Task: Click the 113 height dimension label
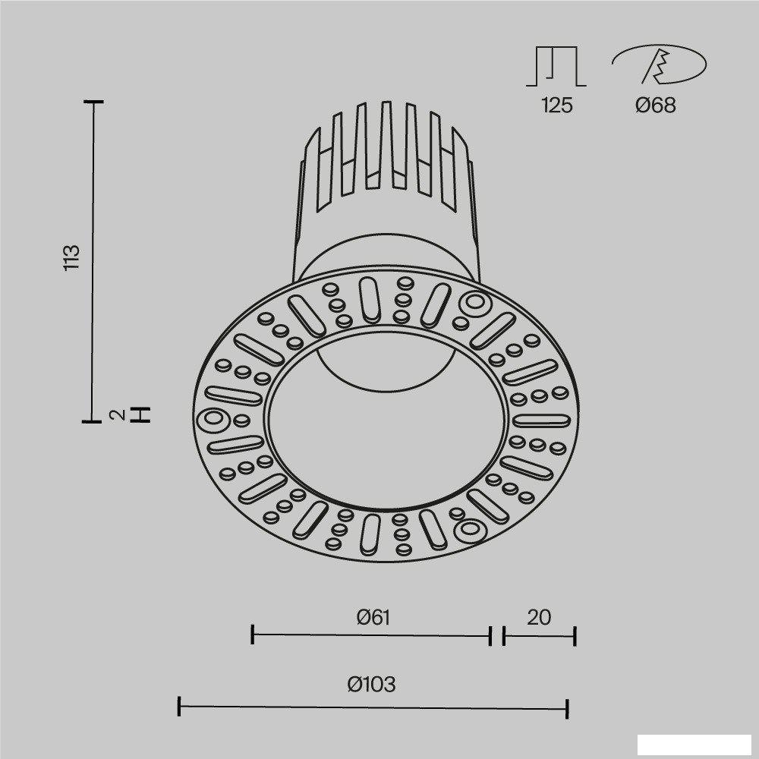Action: click(x=71, y=257)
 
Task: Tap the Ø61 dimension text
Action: click(x=373, y=617)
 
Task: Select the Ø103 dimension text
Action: click(x=371, y=684)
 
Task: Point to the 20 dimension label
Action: click(x=539, y=617)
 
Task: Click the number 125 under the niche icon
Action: click(x=557, y=105)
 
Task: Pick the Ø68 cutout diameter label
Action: click(x=656, y=105)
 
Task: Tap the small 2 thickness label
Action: click(x=118, y=415)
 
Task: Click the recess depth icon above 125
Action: click(x=556, y=66)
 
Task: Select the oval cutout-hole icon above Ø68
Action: click(x=660, y=65)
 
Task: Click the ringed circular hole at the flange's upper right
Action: click(x=475, y=303)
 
